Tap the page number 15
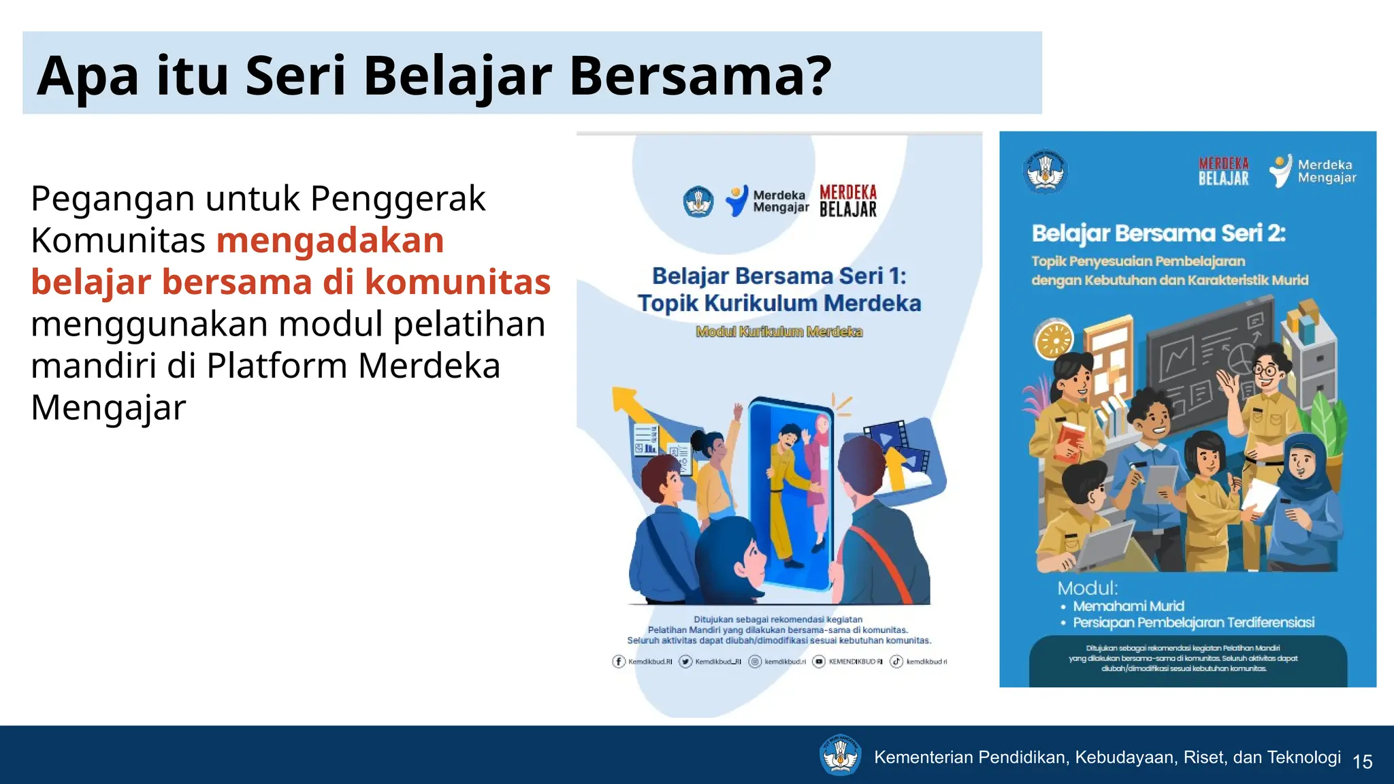click(x=1362, y=762)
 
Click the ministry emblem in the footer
click(x=841, y=755)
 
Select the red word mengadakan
click(x=330, y=240)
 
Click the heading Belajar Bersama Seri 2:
click(x=1158, y=233)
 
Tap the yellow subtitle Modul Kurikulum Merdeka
click(x=779, y=331)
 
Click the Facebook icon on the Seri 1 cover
click(x=619, y=661)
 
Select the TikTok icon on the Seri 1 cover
click(x=896, y=661)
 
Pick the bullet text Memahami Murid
click(x=1129, y=606)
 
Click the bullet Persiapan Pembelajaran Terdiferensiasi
click(x=1193, y=623)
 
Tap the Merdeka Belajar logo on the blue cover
click(x=1223, y=171)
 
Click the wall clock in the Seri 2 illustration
click(x=1054, y=339)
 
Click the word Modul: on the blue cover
click(x=1087, y=588)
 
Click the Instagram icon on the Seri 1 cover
click(x=755, y=661)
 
